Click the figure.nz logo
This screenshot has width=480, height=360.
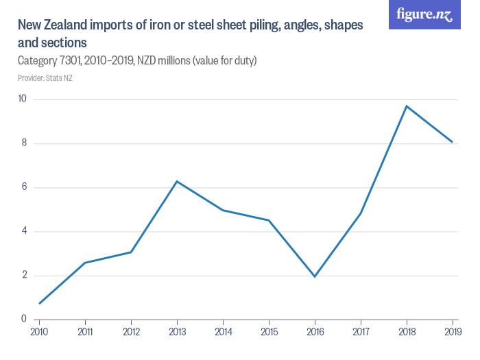[424, 14]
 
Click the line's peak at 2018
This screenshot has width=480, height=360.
[407, 106]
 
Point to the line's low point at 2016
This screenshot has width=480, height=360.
[315, 276]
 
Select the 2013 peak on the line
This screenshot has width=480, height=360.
[177, 181]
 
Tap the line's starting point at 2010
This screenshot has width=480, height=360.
[39, 303]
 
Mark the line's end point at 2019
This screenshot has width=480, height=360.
[453, 142]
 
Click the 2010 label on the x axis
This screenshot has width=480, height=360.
[39, 332]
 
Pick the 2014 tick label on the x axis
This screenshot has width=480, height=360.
[223, 332]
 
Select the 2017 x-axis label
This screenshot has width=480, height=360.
[361, 332]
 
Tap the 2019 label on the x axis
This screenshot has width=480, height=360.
[453, 332]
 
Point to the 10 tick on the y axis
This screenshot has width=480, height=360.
[22, 99]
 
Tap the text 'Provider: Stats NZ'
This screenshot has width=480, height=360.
[45, 78]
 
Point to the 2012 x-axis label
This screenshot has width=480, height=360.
[131, 332]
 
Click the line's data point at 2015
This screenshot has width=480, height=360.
[269, 220]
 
